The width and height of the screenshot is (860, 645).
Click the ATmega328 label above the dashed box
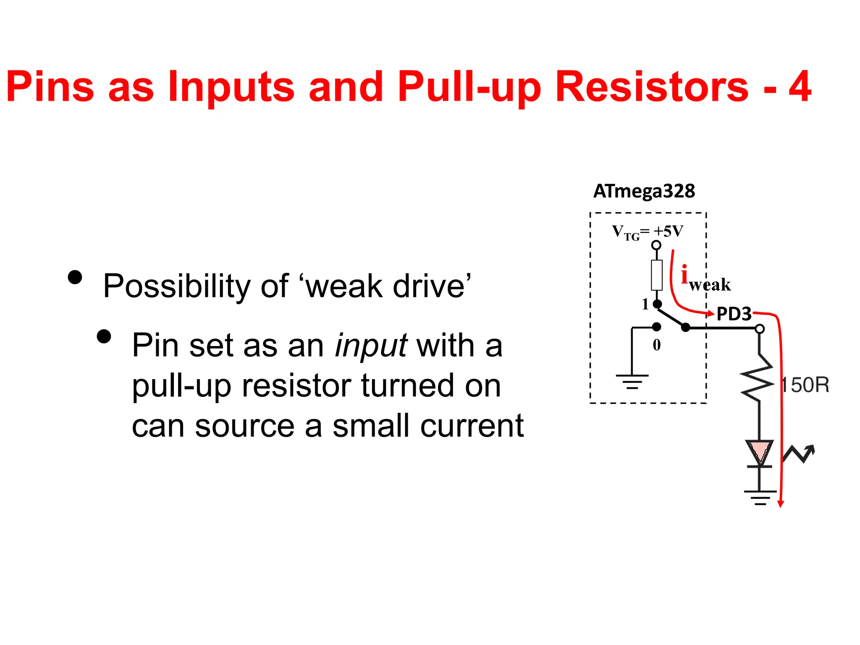(x=644, y=191)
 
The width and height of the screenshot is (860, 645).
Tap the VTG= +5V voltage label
(x=647, y=232)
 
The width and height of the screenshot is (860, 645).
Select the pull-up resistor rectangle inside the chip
(x=656, y=275)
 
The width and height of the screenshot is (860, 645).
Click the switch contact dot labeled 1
(x=658, y=304)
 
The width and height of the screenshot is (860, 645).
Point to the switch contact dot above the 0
(x=657, y=327)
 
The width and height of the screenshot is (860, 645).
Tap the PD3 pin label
(x=734, y=314)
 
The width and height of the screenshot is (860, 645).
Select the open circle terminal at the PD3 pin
(x=760, y=329)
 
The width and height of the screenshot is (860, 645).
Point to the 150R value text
(x=805, y=385)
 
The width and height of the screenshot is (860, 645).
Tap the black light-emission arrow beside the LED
(x=799, y=454)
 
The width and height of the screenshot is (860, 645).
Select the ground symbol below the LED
(x=760, y=497)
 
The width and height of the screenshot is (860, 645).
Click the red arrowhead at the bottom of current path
(x=781, y=504)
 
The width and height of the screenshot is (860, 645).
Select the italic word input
(x=371, y=346)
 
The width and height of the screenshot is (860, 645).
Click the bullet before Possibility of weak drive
(x=75, y=277)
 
